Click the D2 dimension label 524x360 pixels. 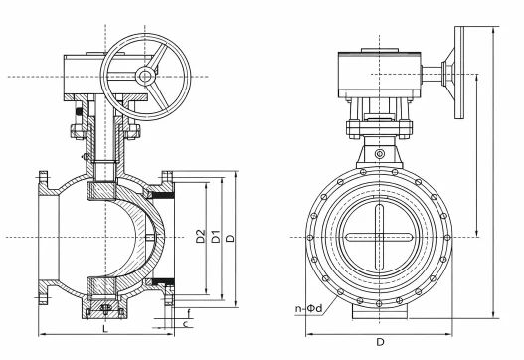[200, 236]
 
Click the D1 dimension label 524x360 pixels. [216, 236]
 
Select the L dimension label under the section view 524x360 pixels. [105, 329]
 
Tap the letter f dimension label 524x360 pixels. [189, 313]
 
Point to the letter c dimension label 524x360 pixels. [186, 324]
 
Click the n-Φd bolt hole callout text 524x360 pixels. [309, 308]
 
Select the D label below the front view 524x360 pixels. [380, 342]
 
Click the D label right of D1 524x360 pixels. [231, 238]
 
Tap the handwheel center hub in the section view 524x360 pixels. [145, 77]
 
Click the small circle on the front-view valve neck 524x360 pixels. [379, 154]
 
